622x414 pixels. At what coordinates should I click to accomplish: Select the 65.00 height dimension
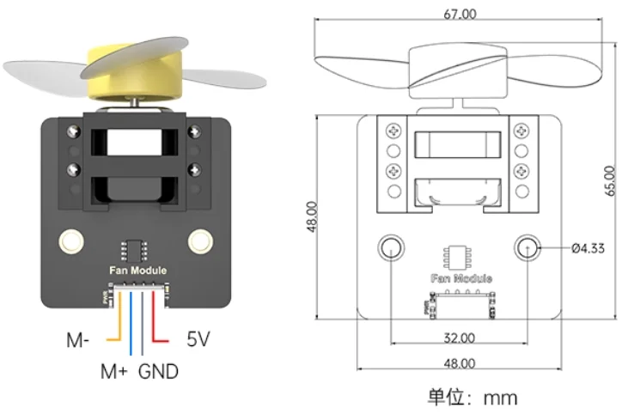coord(610,181)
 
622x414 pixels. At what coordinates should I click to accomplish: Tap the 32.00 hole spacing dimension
coord(459,337)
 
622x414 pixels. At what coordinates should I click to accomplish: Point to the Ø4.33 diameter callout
coord(588,249)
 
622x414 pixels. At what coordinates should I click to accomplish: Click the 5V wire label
coord(198,339)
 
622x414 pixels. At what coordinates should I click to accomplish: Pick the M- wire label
coord(79,339)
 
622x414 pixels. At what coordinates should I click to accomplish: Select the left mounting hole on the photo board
coord(69,240)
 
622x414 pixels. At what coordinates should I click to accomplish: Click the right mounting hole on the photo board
coord(200,240)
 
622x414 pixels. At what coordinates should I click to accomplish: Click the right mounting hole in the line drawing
coord(527,248)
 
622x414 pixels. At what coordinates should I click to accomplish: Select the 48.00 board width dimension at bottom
coord(459,363)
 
